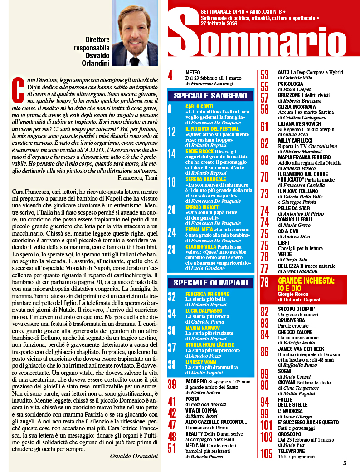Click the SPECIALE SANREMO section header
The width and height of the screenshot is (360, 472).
click(210, 96)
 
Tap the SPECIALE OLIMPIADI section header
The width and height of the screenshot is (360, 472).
click(211, 283)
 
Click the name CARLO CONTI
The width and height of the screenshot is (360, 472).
click(199, 106)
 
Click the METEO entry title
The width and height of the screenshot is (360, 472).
click(193, 72)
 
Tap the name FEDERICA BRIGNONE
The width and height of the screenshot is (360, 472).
click(207, 294)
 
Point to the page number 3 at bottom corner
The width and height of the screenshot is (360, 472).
click(345, 463)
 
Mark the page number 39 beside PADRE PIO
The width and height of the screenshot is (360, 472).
click(172, 384)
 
